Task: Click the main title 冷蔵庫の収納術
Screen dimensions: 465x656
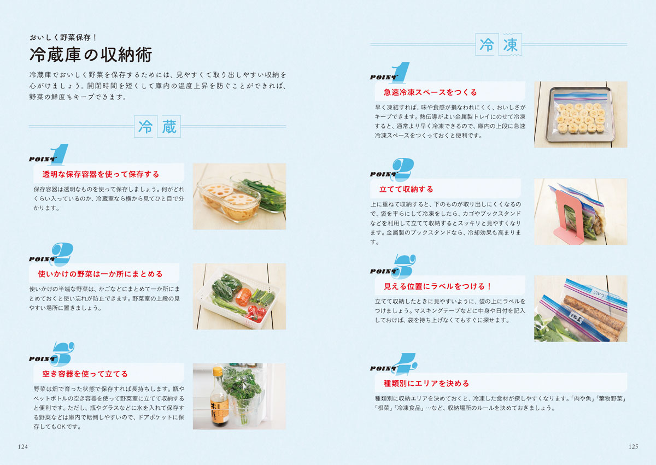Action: (90, 55)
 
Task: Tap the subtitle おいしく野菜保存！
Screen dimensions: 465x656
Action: (63, 38)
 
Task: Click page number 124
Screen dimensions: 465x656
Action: (22, 446)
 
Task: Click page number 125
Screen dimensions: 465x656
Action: (633, 446)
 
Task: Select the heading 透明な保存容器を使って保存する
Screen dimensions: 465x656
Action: (101, 174)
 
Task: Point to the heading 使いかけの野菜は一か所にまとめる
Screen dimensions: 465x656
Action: (100, 274)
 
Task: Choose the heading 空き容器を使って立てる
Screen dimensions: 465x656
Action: (85, 374)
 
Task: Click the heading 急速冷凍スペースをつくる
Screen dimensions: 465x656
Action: (430, 92)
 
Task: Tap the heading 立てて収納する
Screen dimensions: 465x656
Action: (406, 189)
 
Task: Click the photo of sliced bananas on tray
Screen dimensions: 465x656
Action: (580, 115)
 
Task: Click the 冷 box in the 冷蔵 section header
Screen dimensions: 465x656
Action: (145, 127)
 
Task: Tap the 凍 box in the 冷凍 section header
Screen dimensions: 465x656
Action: (511, 45)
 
